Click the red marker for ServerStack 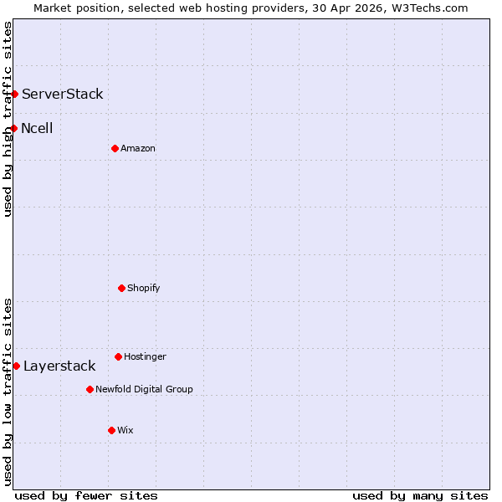[15, 94]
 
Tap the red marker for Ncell [14, 128]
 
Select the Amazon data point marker [115, 148]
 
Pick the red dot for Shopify [121, 288]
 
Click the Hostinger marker [118, 356]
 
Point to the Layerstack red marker [16, 366]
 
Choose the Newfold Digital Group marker [90, 389]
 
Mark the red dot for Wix [111, 430]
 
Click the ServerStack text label [63, 94]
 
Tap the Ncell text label [37, 128]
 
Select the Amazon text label [138, 148]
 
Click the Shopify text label [144, 288]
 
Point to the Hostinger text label [146, 356]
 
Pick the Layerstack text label [59, 366]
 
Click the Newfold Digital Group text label [144, 389]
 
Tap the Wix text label [125, 430]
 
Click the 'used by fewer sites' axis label [86, 495]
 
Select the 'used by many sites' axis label [420, 495]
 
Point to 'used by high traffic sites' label [8, 119]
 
